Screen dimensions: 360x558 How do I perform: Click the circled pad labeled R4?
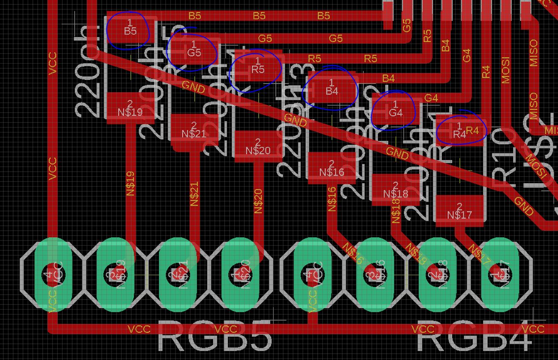tap(459, 131)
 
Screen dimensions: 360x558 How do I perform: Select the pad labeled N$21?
tap(194, 130)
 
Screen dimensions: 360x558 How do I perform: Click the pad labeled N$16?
tap(332, 168)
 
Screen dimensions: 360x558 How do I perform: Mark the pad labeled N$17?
tap(459, 211)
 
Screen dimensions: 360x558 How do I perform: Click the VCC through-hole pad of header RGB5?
tap(53, 275)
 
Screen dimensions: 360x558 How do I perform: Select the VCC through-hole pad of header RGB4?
tap(313, 275)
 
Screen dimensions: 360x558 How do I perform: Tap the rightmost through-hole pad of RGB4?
tap(500, 275)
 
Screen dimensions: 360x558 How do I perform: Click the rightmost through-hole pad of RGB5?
tap(240, 275)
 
